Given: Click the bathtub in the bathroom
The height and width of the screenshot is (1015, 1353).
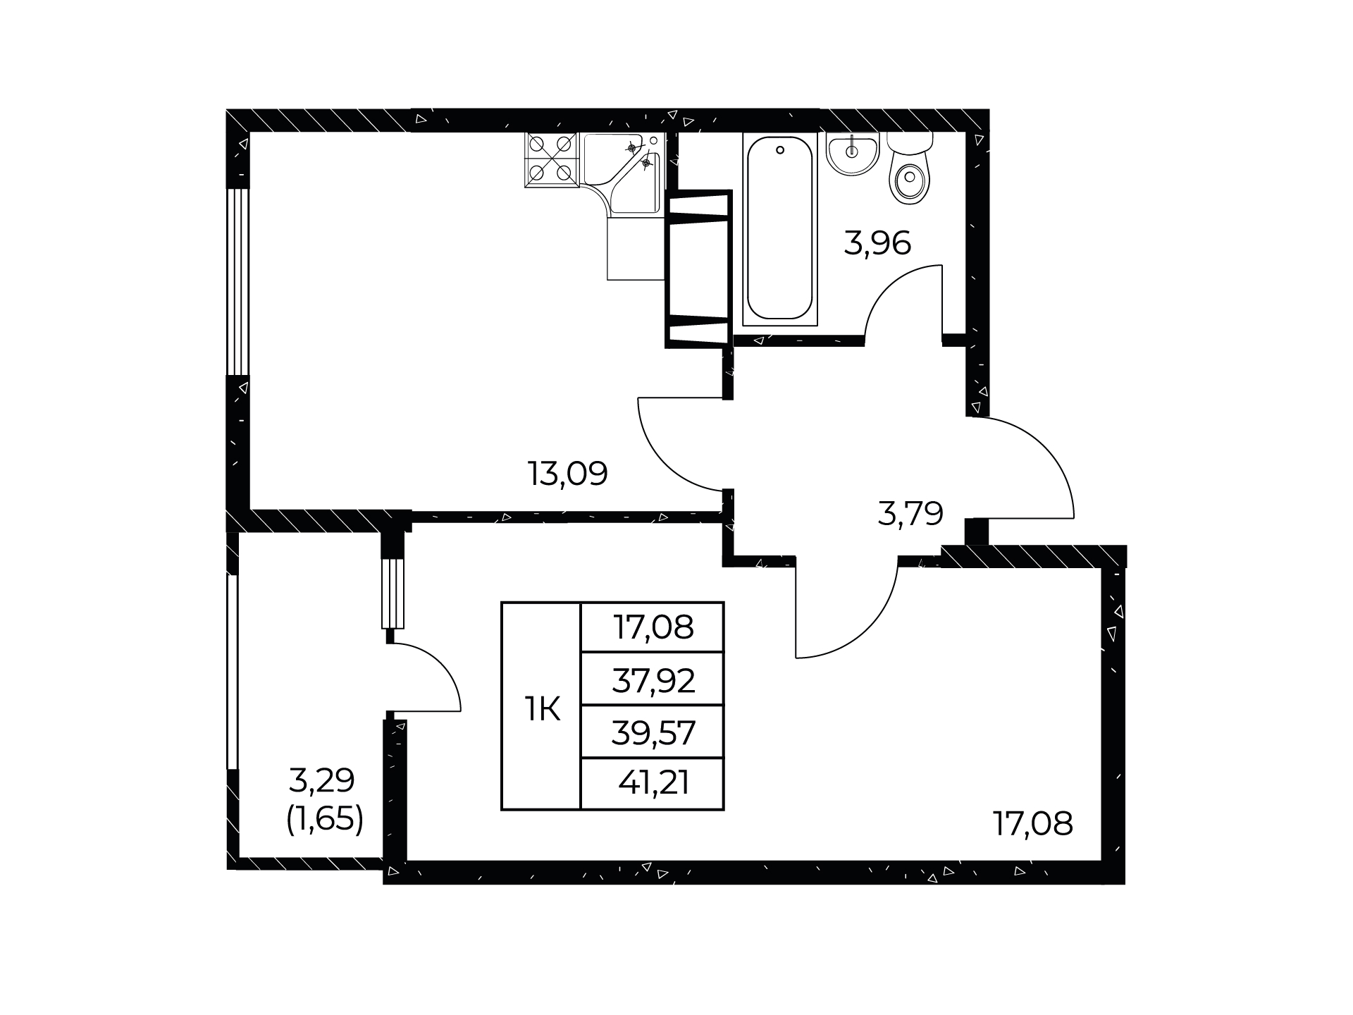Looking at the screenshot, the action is coord(780,229).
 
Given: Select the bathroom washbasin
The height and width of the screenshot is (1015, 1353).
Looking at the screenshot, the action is coord(853,154).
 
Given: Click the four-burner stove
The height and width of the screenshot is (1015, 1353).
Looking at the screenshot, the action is coord(550,159).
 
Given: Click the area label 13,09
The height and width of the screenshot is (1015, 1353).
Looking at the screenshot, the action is coord(568,474).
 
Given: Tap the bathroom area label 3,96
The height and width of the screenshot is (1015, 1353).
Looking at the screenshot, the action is coord(877,243).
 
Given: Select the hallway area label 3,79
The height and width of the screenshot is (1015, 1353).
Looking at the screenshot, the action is coord(910,514).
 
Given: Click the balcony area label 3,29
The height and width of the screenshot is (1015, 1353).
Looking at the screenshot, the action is coord(322,780).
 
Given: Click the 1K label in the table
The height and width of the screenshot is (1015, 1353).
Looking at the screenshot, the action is coord(542,708).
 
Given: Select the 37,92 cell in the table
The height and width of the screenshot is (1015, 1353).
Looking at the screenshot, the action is coord(653,681).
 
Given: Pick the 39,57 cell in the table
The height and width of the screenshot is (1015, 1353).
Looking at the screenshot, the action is coord(653,733).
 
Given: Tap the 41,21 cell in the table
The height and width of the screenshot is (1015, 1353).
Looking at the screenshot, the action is coord(653,783).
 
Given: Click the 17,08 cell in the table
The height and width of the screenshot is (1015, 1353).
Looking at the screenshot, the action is coord(653,627).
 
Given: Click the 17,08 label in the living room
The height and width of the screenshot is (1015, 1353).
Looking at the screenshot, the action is coord(1033,823).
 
